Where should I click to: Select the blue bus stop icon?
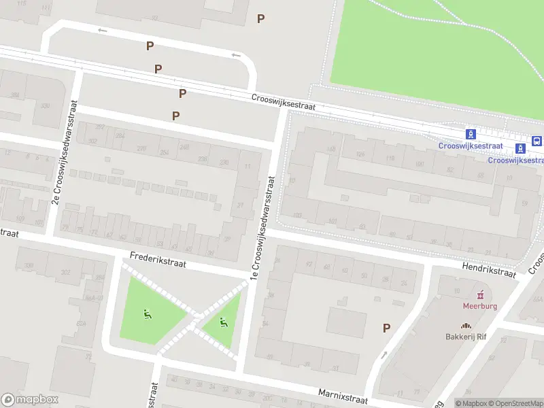click(x=537, y=141)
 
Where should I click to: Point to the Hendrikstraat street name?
click(x=489, y=271)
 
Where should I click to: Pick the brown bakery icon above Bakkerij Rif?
click(x=466, y=326)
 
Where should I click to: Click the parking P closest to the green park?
click(x=260, y=18)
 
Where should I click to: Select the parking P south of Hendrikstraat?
click(x=386, y=328)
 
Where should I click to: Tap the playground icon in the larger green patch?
click(x=147, y=313)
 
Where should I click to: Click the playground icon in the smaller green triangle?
click(x=222, y=322)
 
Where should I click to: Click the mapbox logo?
click(x=30, y=400)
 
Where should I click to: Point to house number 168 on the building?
click(x=331, y=149)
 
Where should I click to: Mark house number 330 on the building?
click(x=46, y=106)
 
